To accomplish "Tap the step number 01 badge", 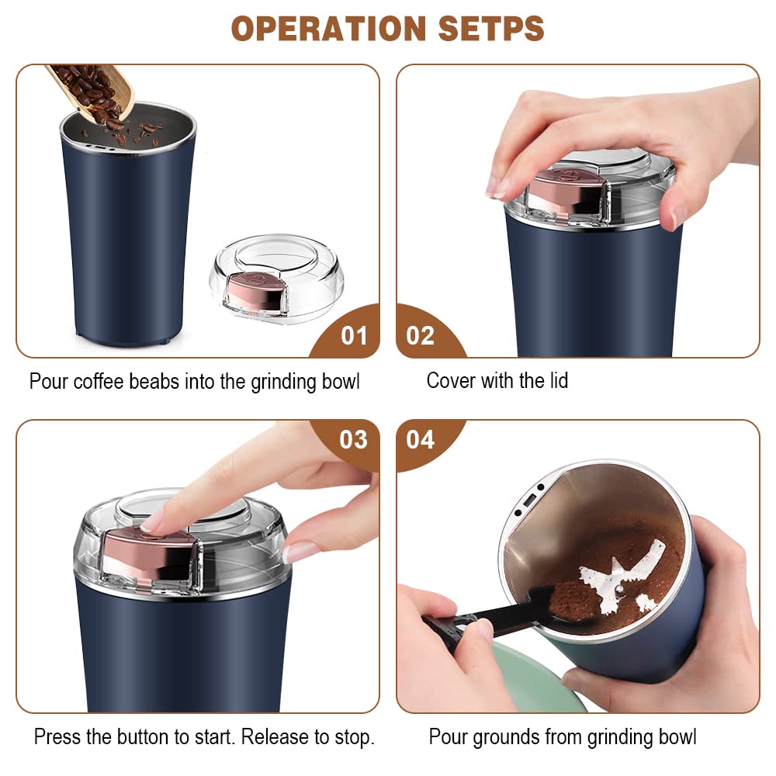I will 354,336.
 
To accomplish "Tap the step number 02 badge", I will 421,336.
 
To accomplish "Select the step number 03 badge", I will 354,440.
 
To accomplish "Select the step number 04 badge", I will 421,440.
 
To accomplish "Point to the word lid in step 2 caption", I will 556,380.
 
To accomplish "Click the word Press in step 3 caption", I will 58,736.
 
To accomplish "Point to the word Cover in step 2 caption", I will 451,380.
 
